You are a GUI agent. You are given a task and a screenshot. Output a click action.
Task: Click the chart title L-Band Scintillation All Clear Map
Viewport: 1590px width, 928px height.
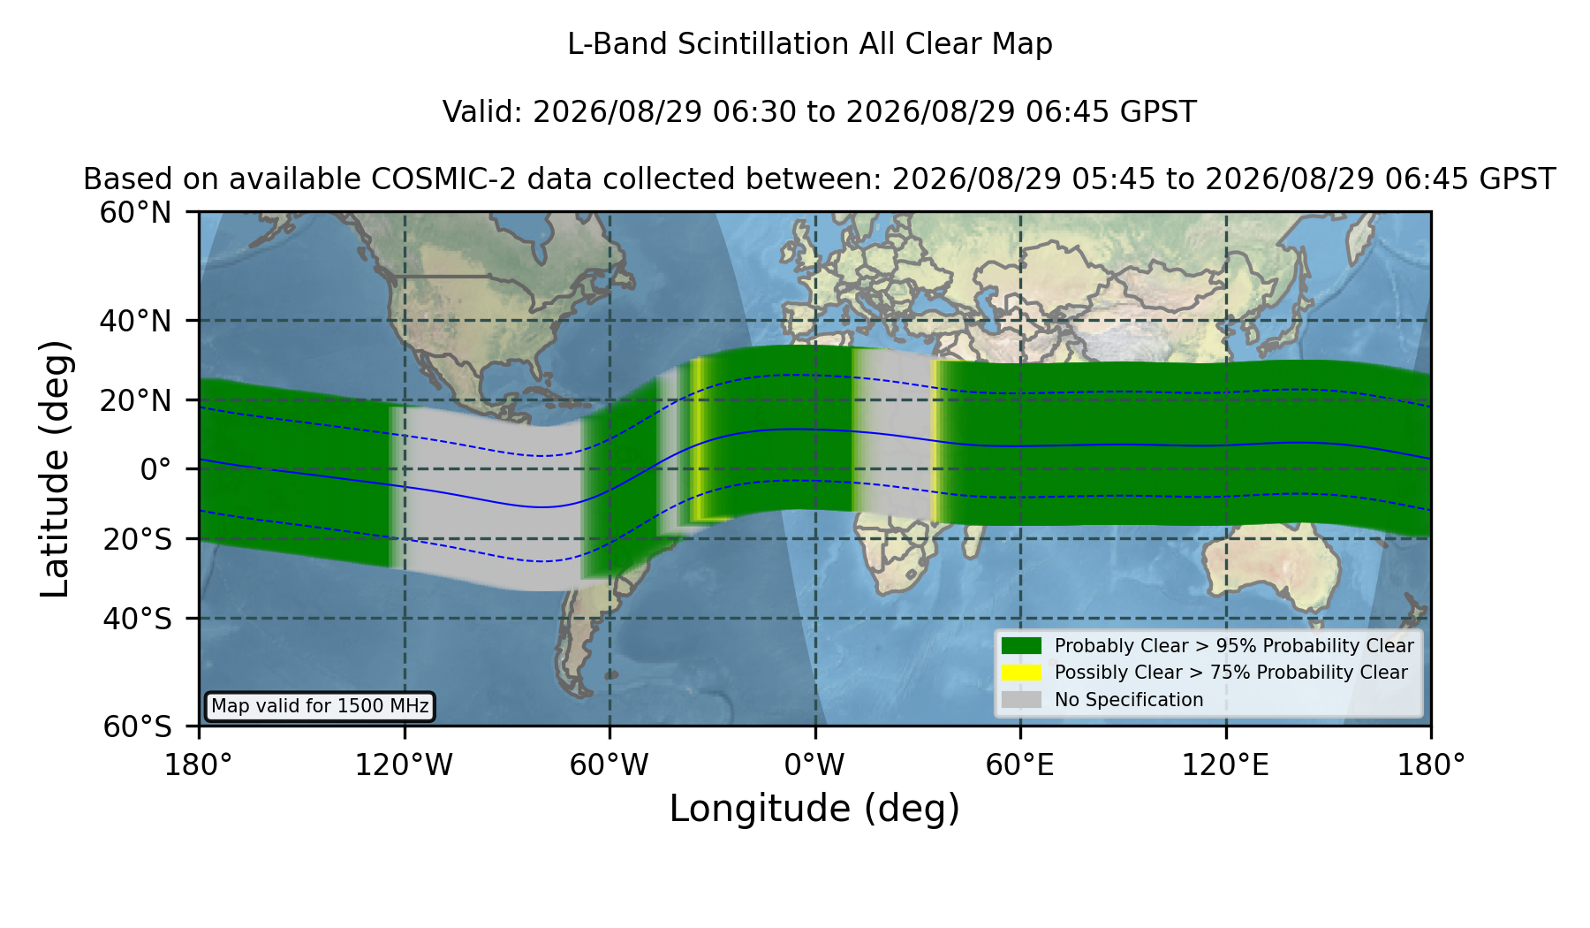[x=809, y=44]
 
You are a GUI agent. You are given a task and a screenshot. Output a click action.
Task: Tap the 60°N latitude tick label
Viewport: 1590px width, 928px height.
[x=135, y=212]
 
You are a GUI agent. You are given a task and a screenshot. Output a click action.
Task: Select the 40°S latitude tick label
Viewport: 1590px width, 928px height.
[x=137, y=619]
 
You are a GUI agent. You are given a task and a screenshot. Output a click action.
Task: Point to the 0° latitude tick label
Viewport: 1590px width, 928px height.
[x=155, y=469]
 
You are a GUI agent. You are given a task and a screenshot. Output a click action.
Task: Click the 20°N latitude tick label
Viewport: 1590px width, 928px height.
[x=135, y=400]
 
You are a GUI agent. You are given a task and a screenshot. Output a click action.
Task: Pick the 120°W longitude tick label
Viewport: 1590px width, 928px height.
[x=404, y=765]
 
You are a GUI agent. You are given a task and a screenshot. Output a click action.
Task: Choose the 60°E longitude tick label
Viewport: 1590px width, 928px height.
[x=1020, y=765]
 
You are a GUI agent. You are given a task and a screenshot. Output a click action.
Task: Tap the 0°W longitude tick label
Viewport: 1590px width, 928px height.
[x=814, y=765]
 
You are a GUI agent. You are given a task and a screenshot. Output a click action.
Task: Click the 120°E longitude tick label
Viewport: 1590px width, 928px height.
[x=1225, y=765]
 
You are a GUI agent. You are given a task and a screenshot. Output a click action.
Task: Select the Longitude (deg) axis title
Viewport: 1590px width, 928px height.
[x=814, y=809]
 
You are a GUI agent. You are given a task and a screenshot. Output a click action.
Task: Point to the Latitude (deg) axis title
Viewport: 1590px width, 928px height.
[x=55, y=468]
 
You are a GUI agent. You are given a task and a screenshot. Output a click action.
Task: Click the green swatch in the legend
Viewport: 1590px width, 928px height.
[x=1021, y=645]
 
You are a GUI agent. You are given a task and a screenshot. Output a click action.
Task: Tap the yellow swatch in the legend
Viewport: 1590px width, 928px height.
[x=1021, y=673]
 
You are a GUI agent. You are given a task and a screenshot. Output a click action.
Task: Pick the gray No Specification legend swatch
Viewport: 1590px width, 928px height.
[x=1021, y=700]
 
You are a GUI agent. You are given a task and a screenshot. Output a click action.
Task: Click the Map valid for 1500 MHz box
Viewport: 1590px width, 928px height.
[x=320, y=706]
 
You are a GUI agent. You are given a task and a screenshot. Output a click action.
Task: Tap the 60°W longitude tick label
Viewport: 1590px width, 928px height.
[x=609, y=765]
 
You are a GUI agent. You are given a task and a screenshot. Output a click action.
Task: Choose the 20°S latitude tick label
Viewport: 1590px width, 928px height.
[x=137, y=539]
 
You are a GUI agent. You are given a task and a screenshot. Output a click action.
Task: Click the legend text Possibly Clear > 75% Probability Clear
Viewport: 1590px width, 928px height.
[x=1230, y=673]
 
